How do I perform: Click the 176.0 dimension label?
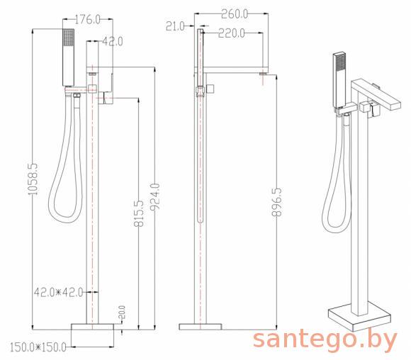pyautogui.click(x=88, y=19)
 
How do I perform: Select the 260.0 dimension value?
pyautogui.click(x=235, y=14)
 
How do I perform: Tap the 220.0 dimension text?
pyautogui.click(x=232, y=33)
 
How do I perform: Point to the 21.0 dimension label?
pyautogui.click(x=175, y=26)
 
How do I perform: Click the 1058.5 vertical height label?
pyautogui.click(x=33, y=179)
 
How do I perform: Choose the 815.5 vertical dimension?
pyautogui.click(x=139, y=213)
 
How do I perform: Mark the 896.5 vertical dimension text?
pyautogui.click(x=276, y=202)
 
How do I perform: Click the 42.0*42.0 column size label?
pyautogui.click(x=58, y=292)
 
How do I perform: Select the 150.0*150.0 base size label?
pyautogui.click(x=38, y=347)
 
